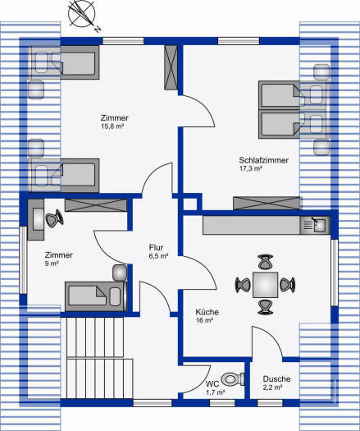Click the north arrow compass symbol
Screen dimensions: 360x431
[x=82, y=15]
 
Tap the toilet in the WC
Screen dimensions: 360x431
[x=233, y=379]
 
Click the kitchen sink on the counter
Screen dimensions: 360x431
[x=314, y=225]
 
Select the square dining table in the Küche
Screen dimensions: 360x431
[x=265, y=285]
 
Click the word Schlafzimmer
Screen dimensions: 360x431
[x=263, y=160]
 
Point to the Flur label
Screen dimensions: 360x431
[x=156, y=247]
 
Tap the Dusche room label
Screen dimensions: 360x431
[x=276, y=378]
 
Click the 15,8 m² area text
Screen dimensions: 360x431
[x=112, y=126]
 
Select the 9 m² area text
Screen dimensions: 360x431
[x=52, y=264]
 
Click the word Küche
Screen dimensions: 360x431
[x=207, y=312]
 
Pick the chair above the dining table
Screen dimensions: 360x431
[x=266, y=262]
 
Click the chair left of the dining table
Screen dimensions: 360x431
[x=244, y=285]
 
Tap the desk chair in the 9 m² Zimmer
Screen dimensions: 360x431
[x=54, y=218]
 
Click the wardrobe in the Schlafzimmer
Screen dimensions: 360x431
[x=267, y=204]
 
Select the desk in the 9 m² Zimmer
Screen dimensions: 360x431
[x=36, y=220]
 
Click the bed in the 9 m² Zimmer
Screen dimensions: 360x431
[x=96, y=296]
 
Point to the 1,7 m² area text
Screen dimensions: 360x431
[x=216, y=392]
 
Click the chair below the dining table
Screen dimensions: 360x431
[x=265, y=307]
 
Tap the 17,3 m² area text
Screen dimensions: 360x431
[x=250, y=168]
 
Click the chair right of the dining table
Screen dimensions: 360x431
[x=288, y=285]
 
